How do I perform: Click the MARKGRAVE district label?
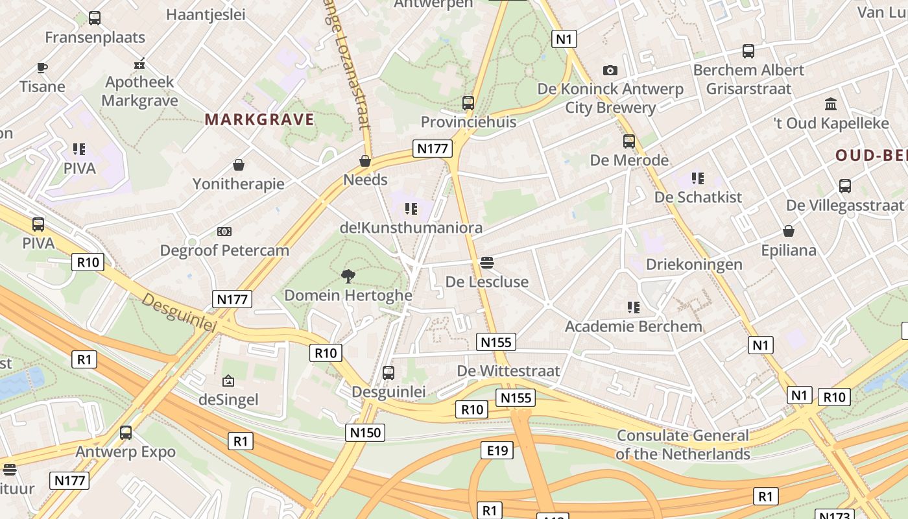[259, 119]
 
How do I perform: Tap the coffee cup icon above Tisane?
[42, 67]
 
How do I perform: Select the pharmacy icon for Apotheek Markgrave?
[139, 64]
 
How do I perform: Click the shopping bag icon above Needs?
[365, 161]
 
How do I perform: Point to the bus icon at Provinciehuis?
[468, 103]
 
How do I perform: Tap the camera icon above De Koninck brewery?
[610, 70]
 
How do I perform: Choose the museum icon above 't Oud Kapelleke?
[831, 104]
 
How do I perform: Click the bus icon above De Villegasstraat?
[845, 186]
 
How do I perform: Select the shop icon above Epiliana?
[789, 231]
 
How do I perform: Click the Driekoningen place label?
[694, 264]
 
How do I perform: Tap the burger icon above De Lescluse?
[487, 263]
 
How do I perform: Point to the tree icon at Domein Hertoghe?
[348, 276]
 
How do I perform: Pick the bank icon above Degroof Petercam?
[224, 231]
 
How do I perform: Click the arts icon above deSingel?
[228, 381]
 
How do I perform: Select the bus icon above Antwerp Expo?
[126, 433]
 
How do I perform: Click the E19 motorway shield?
[497, 450]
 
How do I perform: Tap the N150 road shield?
[365, 432]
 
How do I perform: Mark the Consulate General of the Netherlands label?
[682, 444]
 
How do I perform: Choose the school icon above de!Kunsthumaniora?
[411, 208]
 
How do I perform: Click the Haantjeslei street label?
[206, 14]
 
